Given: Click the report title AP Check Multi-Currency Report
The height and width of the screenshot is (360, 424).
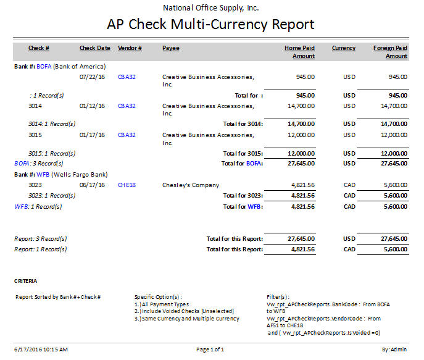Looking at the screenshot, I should (211, 25).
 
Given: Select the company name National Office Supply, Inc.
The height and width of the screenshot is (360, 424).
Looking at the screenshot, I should (211, 8).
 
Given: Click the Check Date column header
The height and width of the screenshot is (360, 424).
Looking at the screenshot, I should (95, 48).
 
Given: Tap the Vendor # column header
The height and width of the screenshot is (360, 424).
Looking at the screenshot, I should (130, 48).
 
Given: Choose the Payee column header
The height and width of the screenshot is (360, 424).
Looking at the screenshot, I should (171, 48).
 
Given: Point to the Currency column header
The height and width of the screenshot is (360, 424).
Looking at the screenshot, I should (343, 48).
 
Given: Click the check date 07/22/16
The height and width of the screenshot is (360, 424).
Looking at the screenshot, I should (92, 77).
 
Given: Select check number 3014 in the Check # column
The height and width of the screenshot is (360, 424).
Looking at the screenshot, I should (35, 106).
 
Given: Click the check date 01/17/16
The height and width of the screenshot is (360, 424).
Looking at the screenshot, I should (92, 135).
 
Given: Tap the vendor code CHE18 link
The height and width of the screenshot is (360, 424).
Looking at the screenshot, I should (127, 185).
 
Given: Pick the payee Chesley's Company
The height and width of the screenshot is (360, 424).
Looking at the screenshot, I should (191, 185).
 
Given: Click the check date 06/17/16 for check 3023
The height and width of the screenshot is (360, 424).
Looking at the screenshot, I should (92, 185).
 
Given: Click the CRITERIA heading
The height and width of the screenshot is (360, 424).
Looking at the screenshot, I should (26, 281).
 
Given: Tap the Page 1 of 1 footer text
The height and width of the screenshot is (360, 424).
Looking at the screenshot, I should (210, 350).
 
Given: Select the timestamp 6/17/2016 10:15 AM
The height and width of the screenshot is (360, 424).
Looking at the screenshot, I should (41, 350).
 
